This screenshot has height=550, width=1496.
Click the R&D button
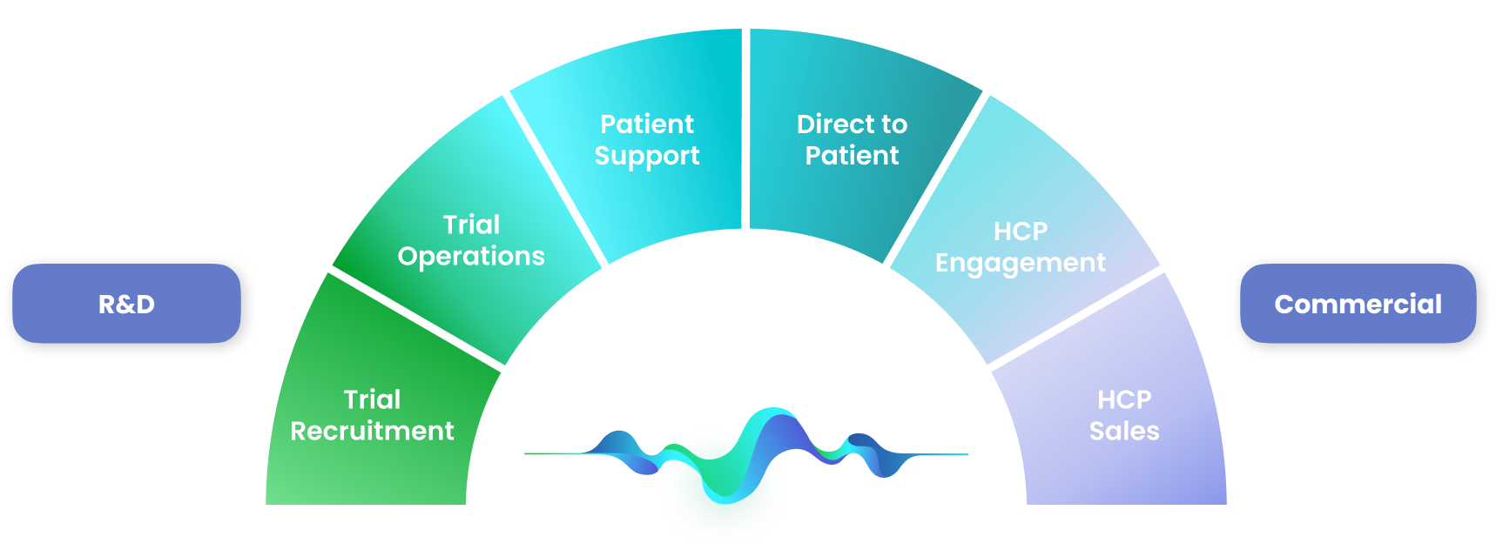(126, 304)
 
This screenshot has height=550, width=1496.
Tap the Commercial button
(1358, 304)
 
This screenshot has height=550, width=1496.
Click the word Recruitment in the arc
(372, 431)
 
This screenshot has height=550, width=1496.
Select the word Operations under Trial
(471, 257)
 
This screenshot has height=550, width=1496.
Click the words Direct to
(852, 124)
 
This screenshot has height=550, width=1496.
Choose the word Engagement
(1020, 263)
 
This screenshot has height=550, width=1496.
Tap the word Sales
(1124, 431)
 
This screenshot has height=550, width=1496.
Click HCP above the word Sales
(1124, 399)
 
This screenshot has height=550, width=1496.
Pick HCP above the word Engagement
(1021, 231)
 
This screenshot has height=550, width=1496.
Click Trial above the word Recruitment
(372, 399)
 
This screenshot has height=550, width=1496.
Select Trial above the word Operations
(471, 225)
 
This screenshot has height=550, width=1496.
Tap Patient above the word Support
(647, 124)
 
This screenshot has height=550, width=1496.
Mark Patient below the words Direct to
(852, 156)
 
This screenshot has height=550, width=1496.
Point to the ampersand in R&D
(126, 305)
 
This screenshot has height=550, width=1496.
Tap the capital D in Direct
(806, 124)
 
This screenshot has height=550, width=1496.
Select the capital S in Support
(603, 156)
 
